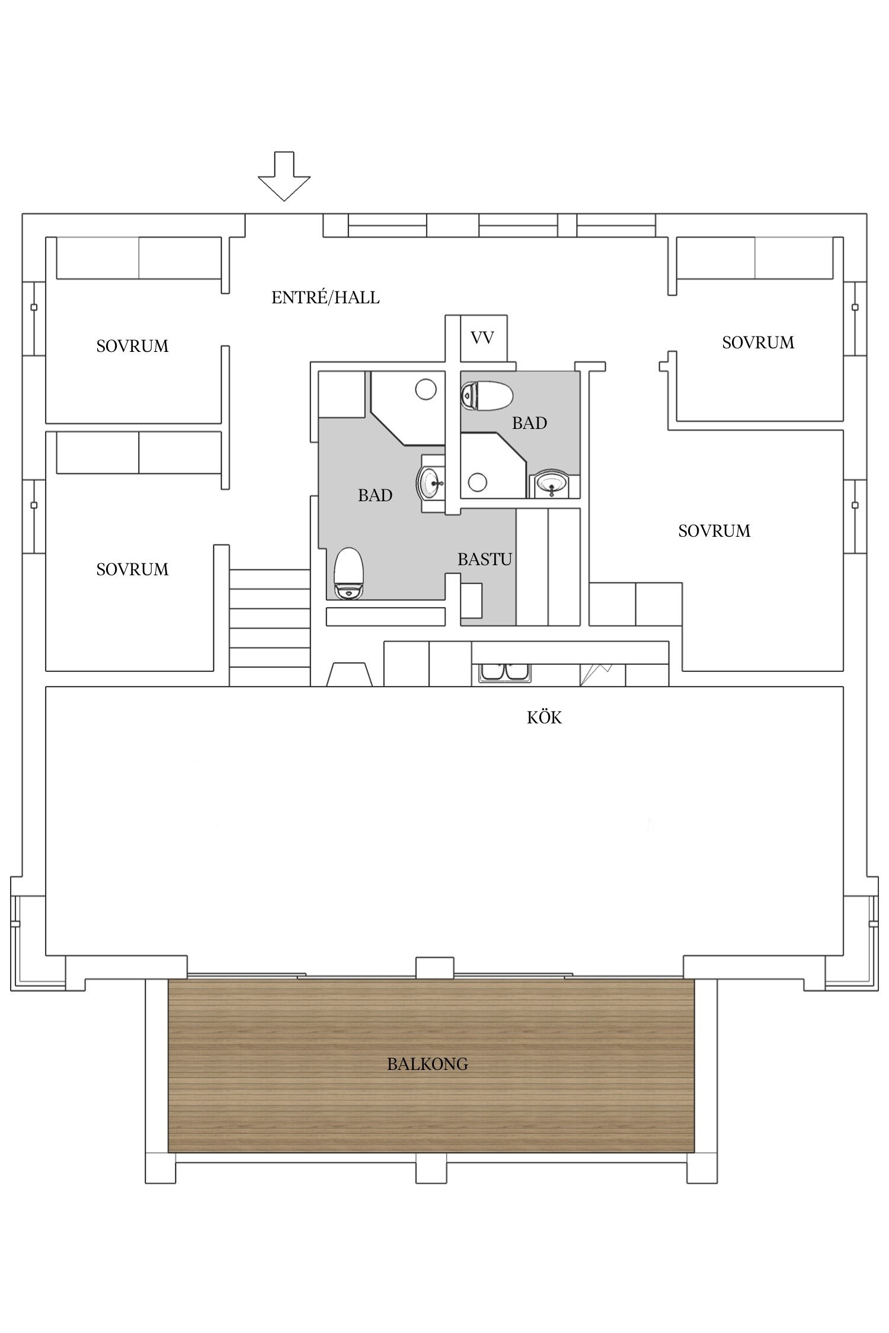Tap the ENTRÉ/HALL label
325,297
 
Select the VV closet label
482,338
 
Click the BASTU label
484,559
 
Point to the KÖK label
544,718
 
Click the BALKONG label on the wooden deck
427,1065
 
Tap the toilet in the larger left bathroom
348,574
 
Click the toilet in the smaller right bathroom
486,396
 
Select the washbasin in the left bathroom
431,483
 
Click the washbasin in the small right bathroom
552,484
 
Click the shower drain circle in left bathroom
426,390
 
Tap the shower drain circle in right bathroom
477,482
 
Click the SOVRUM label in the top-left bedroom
132,346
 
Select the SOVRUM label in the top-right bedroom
758,342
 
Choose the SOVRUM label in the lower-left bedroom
132,569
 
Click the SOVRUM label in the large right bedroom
714,531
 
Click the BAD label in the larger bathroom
375,495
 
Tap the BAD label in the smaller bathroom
529,423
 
